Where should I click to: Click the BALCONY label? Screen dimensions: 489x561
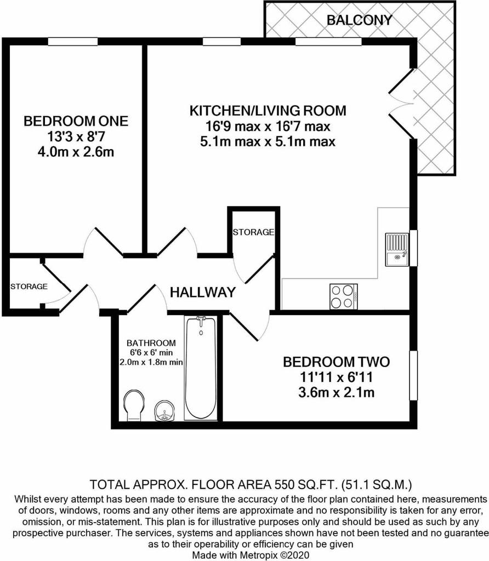[x=360, y=20]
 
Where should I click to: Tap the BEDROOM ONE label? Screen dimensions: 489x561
[x=76, y=121]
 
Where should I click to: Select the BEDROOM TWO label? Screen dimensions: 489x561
[x=336, y=362]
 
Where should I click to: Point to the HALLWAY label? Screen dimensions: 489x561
[x=203, y=293]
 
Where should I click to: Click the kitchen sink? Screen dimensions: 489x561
[x=397, y=250]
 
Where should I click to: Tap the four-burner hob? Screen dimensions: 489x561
[x=344, y=296]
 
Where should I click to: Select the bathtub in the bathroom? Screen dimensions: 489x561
[x=201, y=368]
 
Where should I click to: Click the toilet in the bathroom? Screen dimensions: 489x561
[x=134, y=405]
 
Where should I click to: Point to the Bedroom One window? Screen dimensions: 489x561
[x=73, y=42]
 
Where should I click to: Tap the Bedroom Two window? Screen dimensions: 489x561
[x=413, y=375]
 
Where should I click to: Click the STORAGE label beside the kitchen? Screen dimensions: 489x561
[x=253, y=232]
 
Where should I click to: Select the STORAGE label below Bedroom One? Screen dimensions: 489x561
[x=29, y=287]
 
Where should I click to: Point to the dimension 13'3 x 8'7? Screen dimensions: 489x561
[x=76, y=136]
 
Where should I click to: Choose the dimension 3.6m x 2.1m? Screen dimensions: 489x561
[x=336, y=393]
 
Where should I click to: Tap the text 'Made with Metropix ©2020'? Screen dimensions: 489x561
[x=251, y=555]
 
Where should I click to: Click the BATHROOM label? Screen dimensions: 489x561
[x=151, y=343]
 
